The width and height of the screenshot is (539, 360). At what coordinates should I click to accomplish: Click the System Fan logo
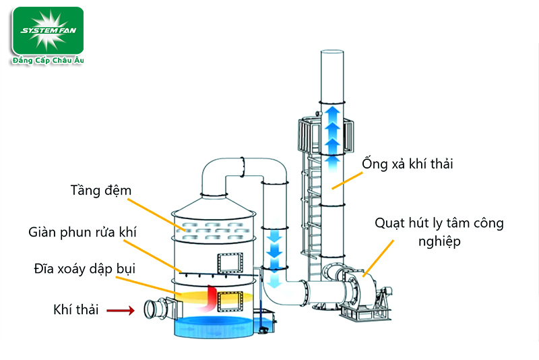(47, 30)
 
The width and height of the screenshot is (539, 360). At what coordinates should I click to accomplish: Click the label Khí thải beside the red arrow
(76, 310)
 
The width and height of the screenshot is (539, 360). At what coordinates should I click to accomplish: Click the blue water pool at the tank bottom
(216, 327)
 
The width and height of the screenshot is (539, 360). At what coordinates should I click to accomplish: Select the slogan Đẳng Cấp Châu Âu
(47, 61)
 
